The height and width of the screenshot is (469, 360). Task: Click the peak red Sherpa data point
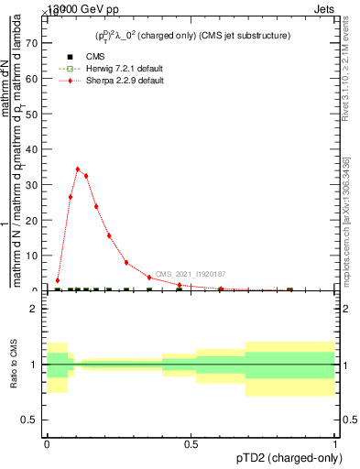[78, 169]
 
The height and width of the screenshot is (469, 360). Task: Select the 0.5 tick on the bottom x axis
[191, 443]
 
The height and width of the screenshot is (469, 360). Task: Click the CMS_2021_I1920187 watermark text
[190, 274]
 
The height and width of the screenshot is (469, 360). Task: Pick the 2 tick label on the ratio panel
[34, 309]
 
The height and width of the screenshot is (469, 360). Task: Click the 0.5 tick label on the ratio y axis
[31, 420]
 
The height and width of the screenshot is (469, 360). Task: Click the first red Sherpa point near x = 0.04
[58, 280]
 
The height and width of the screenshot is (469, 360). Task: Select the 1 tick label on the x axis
[335, 443]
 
